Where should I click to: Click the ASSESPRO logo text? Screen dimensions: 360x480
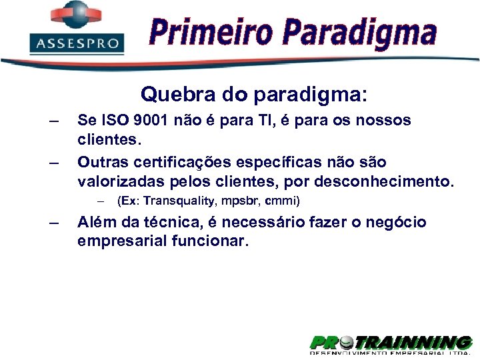(x=77, y=44)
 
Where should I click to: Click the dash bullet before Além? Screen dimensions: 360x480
(x=54, y=223)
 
